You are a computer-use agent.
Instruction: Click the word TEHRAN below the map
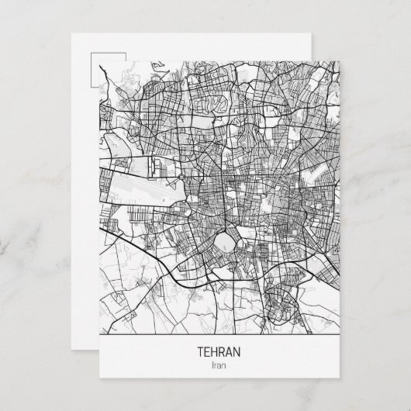pyautogui.click(x=219, y=352)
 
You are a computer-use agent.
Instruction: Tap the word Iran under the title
pyautogui.click(x=219, y=365)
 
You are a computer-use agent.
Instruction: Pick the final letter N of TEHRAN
pyautogui.click(x=237, y=352)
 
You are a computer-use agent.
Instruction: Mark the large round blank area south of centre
pyautogui.click(x=227, y=242)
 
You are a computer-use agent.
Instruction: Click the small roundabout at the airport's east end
pyautogui.click(x=179, y=184)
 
